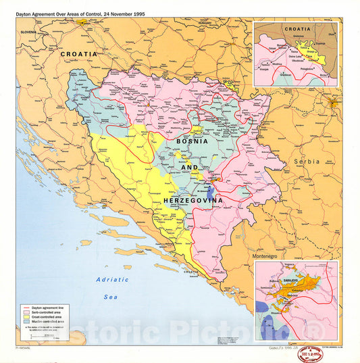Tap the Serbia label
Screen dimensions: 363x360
click(x=306, y=162)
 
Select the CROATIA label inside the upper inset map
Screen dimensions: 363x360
click(x=297, y=30)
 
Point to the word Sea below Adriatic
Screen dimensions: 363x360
click(x=110, y=296)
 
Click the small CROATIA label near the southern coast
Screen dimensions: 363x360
click(x=191, y=272)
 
